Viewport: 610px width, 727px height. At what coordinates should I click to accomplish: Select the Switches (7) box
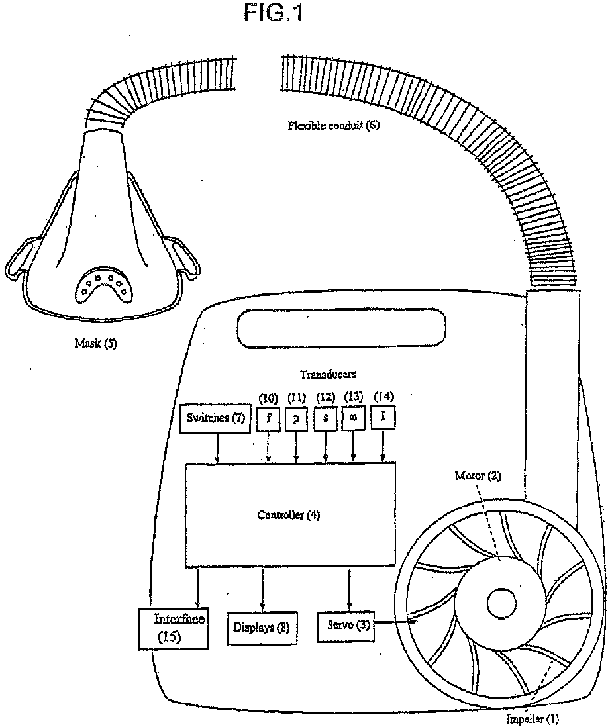pos(217,418)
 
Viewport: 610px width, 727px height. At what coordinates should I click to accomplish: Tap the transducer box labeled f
pos(268,420)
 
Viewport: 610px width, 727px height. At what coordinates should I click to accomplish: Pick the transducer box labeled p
pos(297,420)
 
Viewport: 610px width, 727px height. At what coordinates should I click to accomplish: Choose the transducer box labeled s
pos(325,420)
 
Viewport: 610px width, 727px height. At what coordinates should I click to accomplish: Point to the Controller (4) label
pos(288,515)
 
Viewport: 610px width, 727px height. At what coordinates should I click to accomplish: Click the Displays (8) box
pos(262,626)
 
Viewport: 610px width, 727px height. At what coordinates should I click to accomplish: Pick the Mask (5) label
pos(95,344)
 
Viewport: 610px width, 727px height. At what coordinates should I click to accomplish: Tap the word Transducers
pos(327,375)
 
